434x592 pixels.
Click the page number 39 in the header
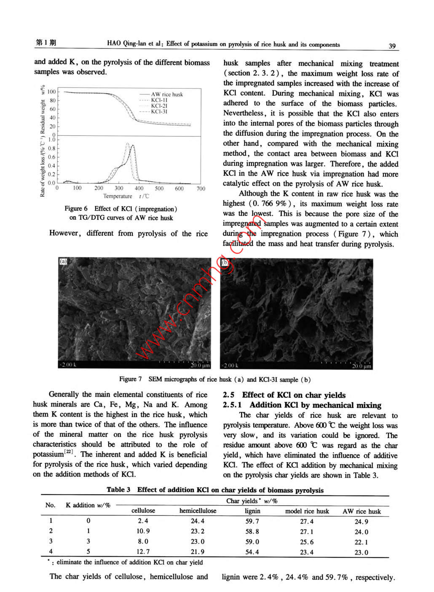point(392,46)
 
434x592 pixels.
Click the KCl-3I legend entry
point(159,112)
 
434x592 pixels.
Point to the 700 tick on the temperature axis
point(201,188)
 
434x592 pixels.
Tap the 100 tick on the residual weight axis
point(51,91)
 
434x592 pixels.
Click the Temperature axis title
point(118,196)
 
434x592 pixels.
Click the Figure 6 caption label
point(76,208)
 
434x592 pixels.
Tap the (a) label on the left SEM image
point(63,261)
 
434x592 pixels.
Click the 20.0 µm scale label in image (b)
point(362,366)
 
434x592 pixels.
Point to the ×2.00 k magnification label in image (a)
point(67,365)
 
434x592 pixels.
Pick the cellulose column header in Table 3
point(143,511)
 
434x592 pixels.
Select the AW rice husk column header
point(362,511)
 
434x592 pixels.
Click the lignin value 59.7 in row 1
point(252,521)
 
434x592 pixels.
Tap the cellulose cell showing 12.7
point(143,552)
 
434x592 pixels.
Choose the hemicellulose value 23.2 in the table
point(197,531)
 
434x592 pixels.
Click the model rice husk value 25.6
point(307,542)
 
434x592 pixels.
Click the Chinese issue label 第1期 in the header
point(46,43)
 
